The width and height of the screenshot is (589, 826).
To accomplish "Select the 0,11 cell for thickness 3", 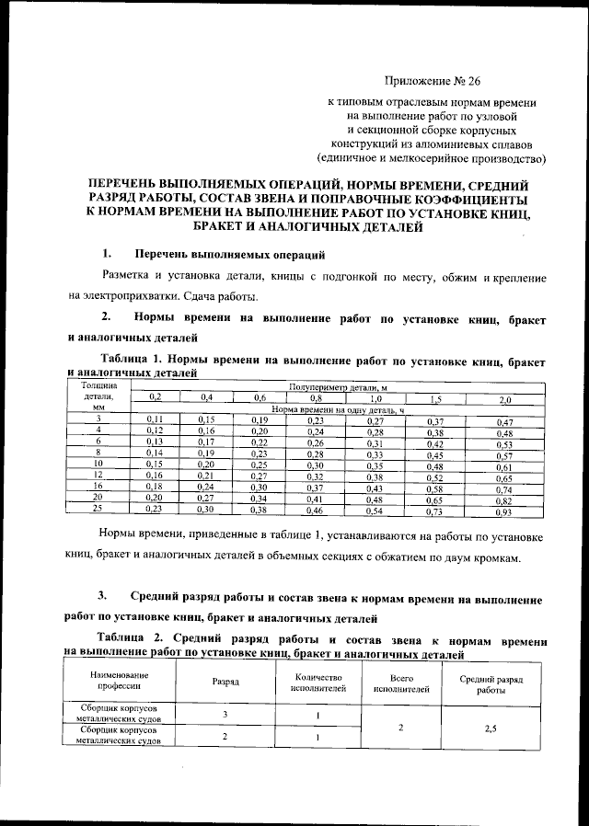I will (x=156, y=419).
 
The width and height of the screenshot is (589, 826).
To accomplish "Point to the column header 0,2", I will (x=156, y=396).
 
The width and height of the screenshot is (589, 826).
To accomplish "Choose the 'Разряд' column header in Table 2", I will (x=225, y=682).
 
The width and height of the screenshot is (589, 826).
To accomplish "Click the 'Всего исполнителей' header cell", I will (x=401, y=682).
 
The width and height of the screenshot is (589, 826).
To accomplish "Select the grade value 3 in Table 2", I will (x=225, y=715).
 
